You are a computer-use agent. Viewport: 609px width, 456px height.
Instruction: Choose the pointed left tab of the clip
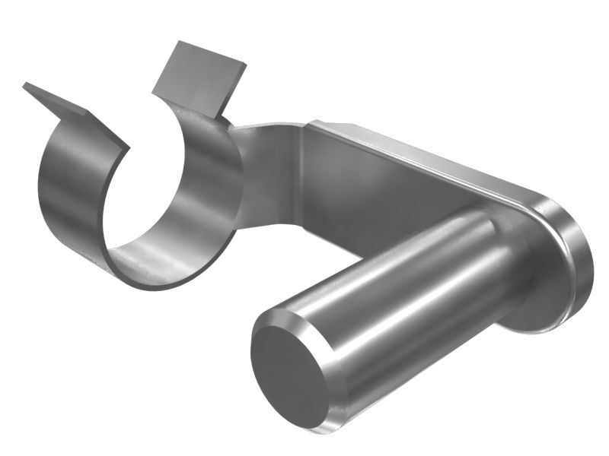click(x=72, y=110)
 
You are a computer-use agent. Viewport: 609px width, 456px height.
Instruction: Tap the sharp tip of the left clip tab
click(x=26, y=84)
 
